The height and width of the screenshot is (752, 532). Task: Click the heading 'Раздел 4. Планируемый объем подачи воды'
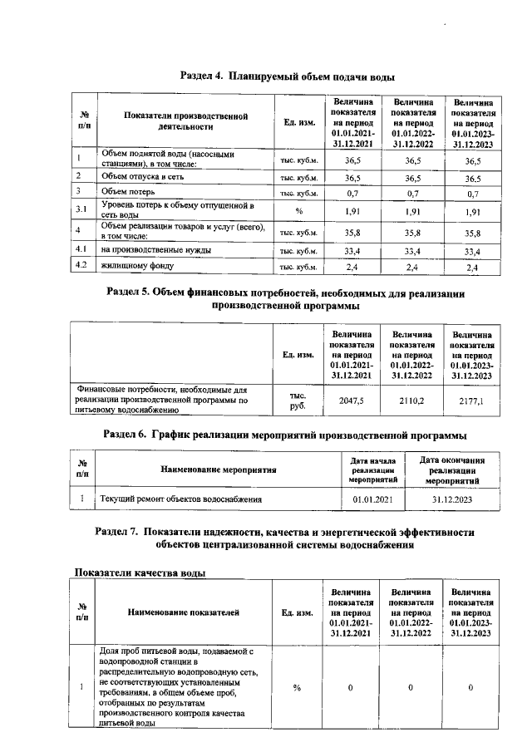(x=287, y=76)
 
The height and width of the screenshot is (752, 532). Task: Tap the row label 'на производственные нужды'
(x=155, y=249)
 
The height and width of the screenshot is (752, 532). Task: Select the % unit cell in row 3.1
(x=298, y=211)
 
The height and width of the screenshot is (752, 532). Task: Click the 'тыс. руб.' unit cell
(x=298, y=400)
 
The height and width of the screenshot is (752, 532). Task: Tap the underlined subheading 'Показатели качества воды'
(x=140, y=573)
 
